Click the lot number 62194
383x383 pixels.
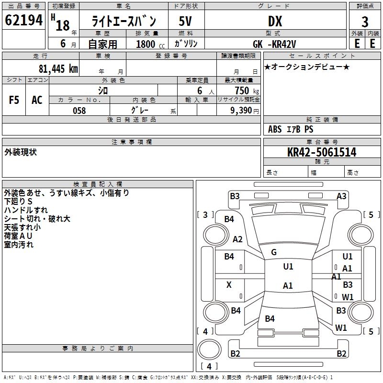(23, 21)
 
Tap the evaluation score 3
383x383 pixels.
(365, 22)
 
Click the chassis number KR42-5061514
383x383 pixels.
(322, 153)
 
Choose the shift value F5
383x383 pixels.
(14, 100)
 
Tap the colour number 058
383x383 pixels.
(79, 111)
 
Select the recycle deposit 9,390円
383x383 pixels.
(245, 111)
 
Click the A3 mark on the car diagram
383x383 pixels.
(341, 196)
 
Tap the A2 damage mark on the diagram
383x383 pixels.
(237, 239)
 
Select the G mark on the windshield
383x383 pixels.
(274, 252)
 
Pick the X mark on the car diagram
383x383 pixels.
(229, 285)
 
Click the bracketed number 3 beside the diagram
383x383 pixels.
(205, 214)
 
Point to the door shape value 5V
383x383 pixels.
(186, 22)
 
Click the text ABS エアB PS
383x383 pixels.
(291, 129)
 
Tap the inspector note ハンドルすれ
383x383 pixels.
(26, 210)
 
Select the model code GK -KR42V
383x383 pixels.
(280, 44)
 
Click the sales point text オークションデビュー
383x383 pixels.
(307, 67)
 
